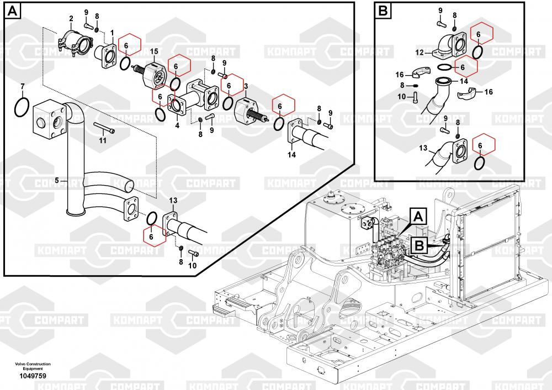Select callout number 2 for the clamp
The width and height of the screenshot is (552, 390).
tap(71, 19)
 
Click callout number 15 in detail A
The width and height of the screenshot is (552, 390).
tap(155, 51)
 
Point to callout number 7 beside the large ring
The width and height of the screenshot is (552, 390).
tap(22, 86)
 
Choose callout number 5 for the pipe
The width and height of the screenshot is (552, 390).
tap(56, 180)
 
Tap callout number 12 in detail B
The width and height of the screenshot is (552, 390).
tap(420, 52)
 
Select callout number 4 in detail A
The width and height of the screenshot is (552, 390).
tap(177, 125)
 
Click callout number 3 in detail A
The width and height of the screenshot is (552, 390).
tap(245, 86)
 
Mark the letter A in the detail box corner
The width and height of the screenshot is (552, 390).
tap(13, 10)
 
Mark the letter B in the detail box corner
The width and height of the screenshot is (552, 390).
tap(382, 10)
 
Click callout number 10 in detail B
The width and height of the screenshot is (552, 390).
tap(401, 96)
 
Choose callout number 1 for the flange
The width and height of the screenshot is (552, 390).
tap(112, 33)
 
